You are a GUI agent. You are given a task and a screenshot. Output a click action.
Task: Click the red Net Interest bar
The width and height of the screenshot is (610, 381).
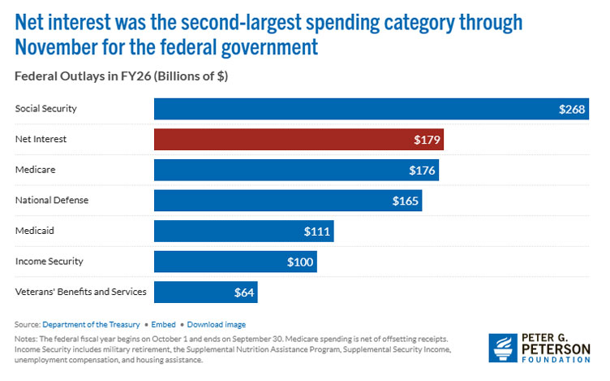tap(299, 140)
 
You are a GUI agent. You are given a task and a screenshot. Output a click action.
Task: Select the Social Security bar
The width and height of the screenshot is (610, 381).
tap(372, 109)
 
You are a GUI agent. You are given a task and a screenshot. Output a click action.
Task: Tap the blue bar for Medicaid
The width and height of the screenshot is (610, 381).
tap(243, 231)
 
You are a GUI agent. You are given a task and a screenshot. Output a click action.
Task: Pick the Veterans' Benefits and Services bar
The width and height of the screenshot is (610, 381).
tap(205, 292)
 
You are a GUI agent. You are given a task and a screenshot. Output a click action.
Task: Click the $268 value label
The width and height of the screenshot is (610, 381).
tap(572, 110)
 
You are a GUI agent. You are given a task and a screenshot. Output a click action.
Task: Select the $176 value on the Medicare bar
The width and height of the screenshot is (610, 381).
tap(422, 171)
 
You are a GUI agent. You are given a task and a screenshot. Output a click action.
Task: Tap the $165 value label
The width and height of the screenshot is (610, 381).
tap(405, 201)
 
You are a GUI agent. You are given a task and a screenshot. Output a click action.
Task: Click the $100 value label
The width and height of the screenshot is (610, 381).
tap(299, 262)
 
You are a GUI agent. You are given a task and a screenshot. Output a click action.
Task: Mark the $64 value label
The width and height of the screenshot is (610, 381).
tap(243, 292)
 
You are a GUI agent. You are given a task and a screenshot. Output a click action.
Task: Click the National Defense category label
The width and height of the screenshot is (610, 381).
tap(52, 200)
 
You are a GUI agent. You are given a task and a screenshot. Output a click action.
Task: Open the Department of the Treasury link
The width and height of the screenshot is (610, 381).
tap(90, 323)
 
